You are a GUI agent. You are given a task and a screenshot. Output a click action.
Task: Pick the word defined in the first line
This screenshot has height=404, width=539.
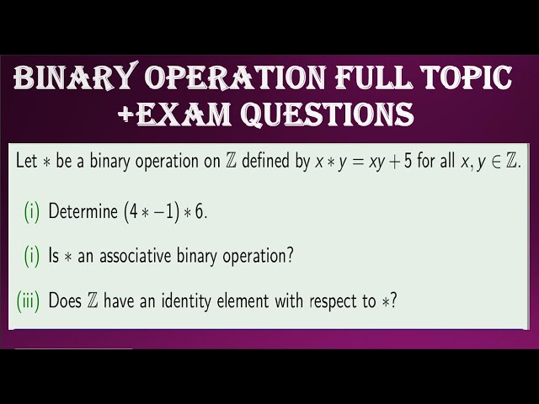[268, 162]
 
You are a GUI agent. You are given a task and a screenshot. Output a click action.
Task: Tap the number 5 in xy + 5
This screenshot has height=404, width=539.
[408, 162]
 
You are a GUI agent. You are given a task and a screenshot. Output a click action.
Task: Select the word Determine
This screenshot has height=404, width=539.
[83, 211]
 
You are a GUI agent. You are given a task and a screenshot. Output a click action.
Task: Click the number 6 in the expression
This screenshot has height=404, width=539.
[200, 211]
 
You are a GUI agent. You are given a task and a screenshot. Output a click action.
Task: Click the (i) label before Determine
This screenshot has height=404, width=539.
[31, 211]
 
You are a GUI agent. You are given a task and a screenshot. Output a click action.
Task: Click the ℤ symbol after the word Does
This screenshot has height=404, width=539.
[92, 300]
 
